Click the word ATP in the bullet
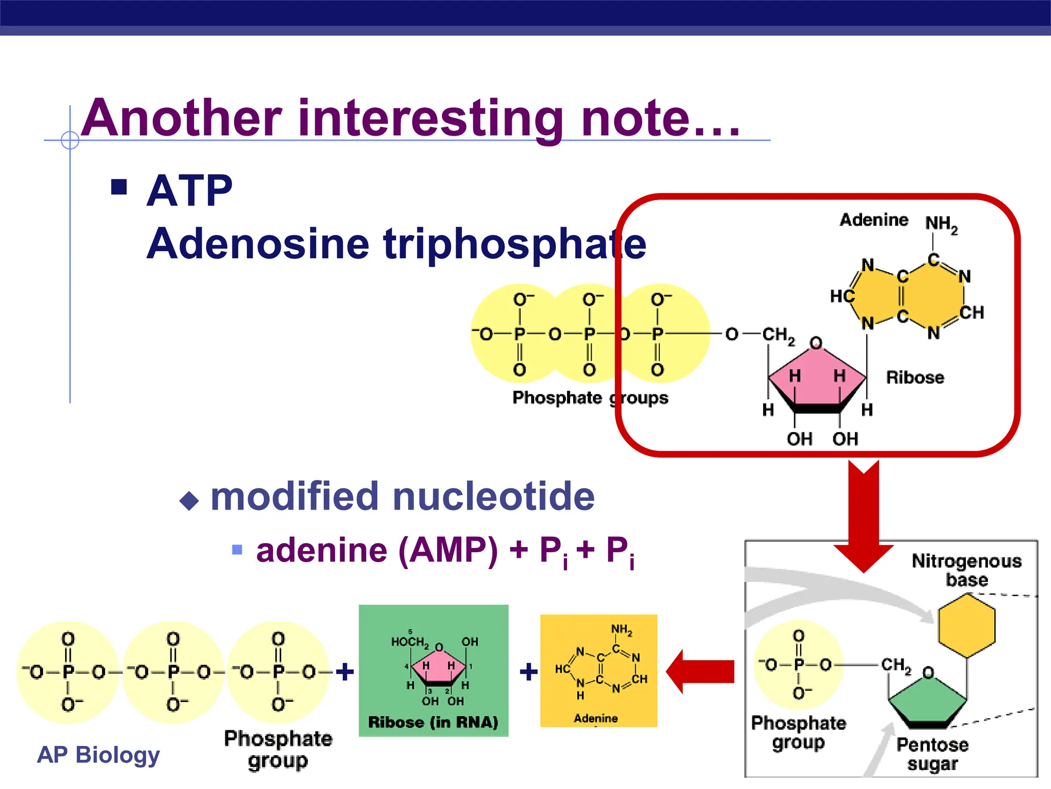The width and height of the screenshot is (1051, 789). [189, 191]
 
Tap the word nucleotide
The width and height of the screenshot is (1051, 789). [493, 497]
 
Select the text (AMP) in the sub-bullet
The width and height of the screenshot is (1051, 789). [447, 551]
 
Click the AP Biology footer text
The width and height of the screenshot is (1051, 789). [99, 755]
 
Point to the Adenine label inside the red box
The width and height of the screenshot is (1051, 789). [873, 220]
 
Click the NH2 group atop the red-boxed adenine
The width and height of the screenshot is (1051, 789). [941, 224]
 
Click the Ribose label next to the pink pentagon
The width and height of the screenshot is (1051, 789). [914, 378]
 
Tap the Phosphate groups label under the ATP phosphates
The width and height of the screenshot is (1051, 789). [590, 398]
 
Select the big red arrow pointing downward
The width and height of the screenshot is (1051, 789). [864, 514]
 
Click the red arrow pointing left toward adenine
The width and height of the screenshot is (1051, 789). [700, 671]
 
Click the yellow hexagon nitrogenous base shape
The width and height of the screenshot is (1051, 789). [966, 626]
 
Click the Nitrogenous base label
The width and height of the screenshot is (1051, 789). [966, 570]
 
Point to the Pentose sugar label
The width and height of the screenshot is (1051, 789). [932, 754]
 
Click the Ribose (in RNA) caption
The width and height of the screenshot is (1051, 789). [433, 722]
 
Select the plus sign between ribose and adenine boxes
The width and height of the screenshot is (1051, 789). [529, 671]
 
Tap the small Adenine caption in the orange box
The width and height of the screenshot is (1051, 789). [595, 718]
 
